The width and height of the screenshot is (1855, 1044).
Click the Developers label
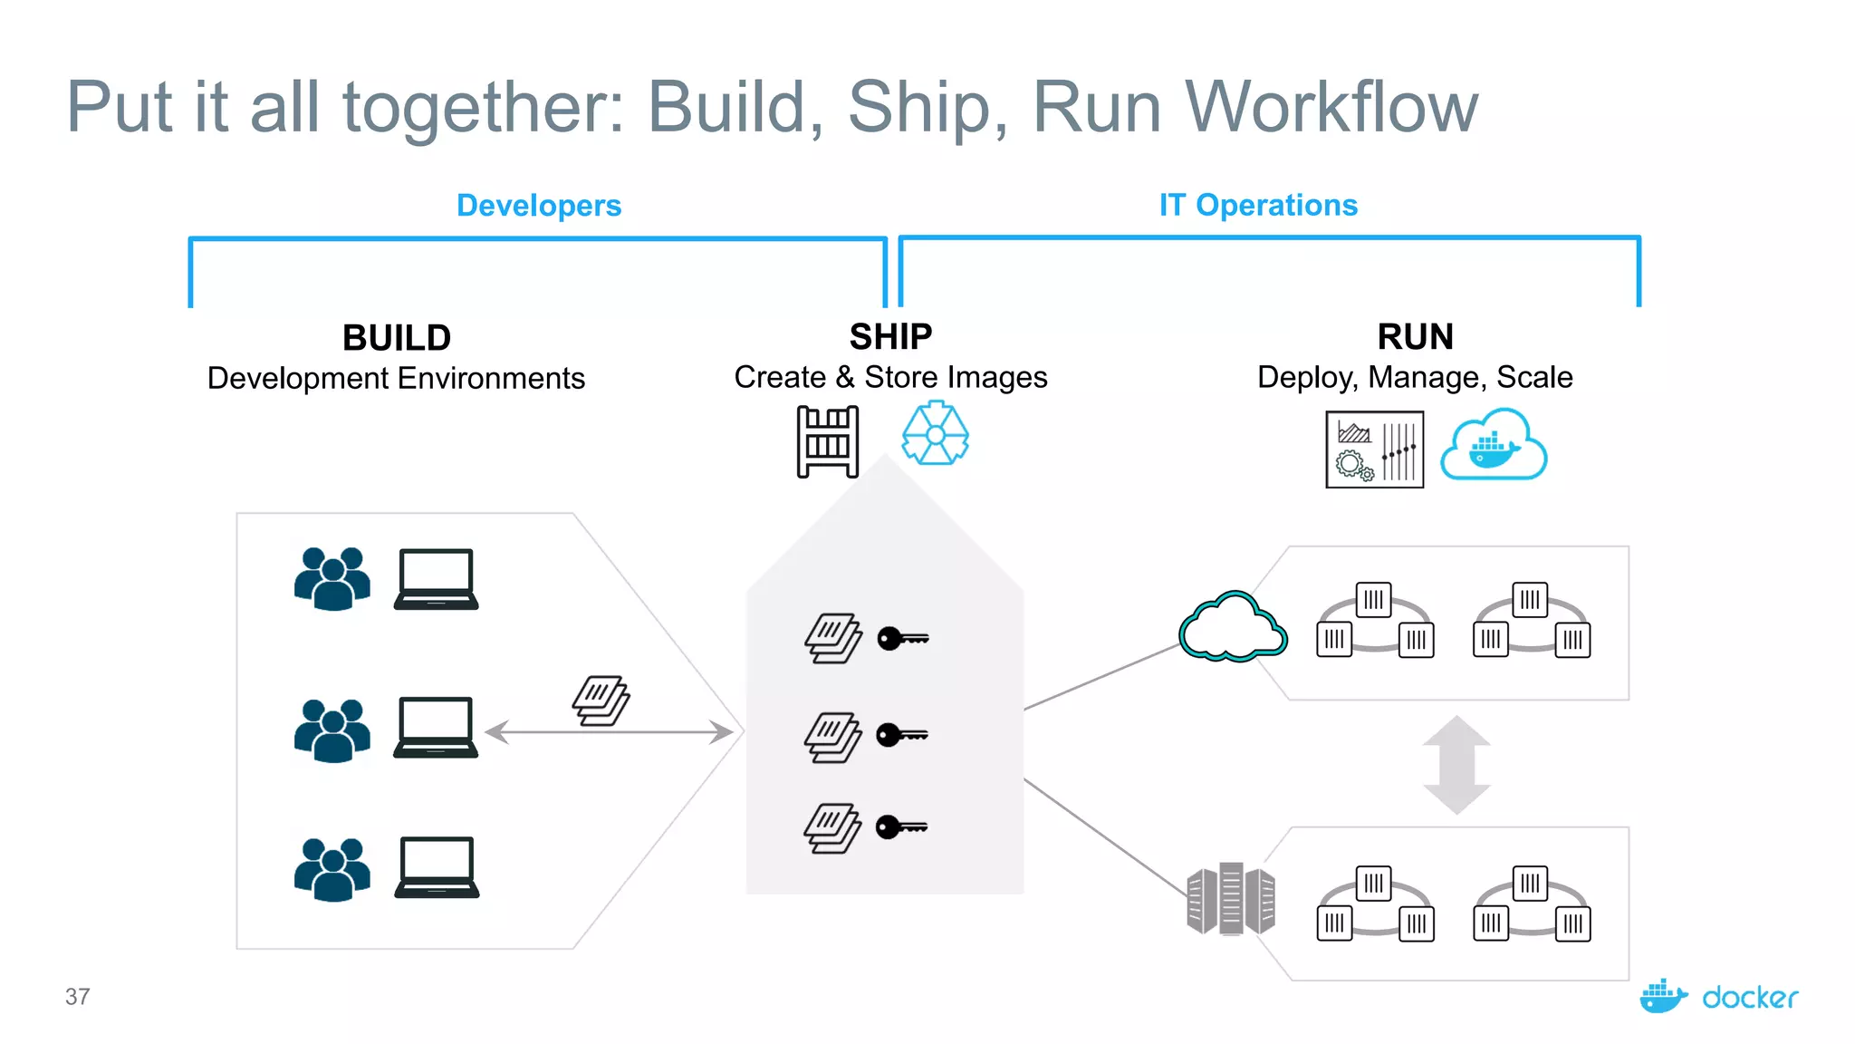pyautogui.click(x=538, y=206)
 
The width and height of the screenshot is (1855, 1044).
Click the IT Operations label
pyautogui.click(x=1258, y=205)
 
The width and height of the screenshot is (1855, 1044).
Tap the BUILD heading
pyautogui.click(x=397, y=338)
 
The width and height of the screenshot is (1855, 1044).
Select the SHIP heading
pyautogui.click(x=890, y=336)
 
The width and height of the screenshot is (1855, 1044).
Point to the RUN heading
pyautogui.click(x=1415, y=336)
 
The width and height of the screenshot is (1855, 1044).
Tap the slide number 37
pyautogui.click(x=78, y=997)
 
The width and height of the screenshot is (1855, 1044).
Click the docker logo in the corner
pyautogui.click(x=1718, y=997)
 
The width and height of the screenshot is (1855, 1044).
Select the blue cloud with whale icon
pyautogui.click(x=1494, y=446)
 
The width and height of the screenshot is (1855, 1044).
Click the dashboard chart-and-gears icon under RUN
pyautogui.click(x=1374, y=449)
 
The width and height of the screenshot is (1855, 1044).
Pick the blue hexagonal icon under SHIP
pyautogui.click(x=935, y=435)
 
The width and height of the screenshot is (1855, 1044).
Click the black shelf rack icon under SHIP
pyautogui.click(x=827, y=442)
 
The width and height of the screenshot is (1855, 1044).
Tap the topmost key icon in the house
pyautogui.click(x=902, y=639)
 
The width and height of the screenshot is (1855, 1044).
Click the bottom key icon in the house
pyautogui.click(x=901, y=826)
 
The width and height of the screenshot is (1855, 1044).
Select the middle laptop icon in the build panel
pyautogui.click(x=436, y=727)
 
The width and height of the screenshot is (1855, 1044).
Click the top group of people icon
pyautogui.click(x=332, y=578)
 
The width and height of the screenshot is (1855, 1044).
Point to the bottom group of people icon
pyautogui.click(x=332, y=869)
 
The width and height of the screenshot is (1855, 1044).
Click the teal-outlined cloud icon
pyautogui.click(x=1233, y=627)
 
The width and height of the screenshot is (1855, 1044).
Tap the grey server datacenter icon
pyautogui.click(x=1230, y=899)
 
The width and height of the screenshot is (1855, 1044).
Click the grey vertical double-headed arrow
pyautogui.click(x=1456, y=764)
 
